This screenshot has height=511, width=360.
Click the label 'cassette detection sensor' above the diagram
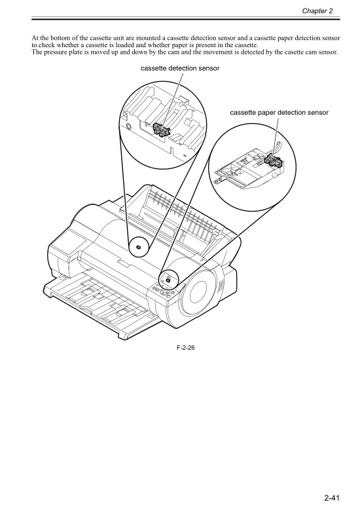tap(179, 68)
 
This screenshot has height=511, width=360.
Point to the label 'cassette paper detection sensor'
tap(279, 113)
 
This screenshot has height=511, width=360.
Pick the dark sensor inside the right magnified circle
tap(271, 161)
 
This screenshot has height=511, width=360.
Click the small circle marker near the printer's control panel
tap(168, 280)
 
